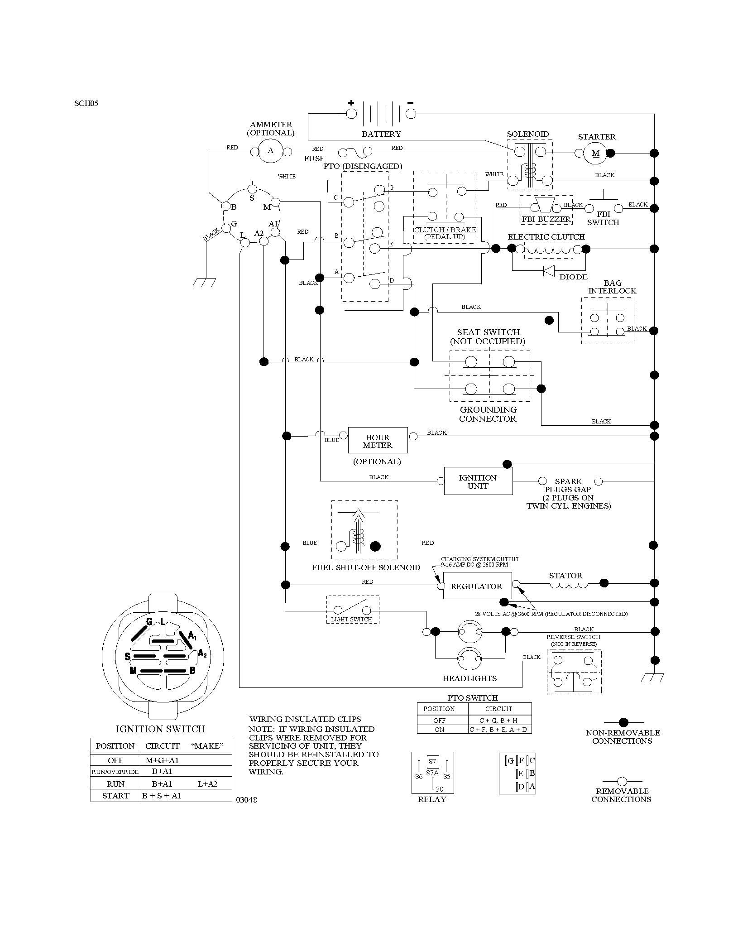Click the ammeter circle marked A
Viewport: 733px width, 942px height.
click(270, 151)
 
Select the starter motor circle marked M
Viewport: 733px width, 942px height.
click(595, 154)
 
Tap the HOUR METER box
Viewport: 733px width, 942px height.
click(378, 440)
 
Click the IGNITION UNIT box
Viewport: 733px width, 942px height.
click(478, 481)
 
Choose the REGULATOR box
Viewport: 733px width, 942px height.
click(477, 586)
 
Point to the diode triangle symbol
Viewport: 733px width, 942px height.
click(549, 270)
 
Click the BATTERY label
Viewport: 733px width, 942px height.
click(381, 134)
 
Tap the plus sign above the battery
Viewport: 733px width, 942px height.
click(351, 102)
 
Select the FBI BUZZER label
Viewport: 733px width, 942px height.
click(546, 219)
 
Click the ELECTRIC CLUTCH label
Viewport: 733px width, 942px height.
click(546, 237)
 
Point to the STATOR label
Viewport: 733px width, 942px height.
click(565, 576)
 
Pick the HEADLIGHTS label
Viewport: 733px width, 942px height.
click(470, 678)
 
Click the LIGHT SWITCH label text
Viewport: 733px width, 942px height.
click(351, 619)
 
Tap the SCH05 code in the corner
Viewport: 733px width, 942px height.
click(86, 103)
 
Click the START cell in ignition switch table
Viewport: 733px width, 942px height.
click(115, 796)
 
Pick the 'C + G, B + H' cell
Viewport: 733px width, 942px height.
click(500, 720)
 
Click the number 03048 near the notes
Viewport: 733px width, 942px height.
click(247, 800)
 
